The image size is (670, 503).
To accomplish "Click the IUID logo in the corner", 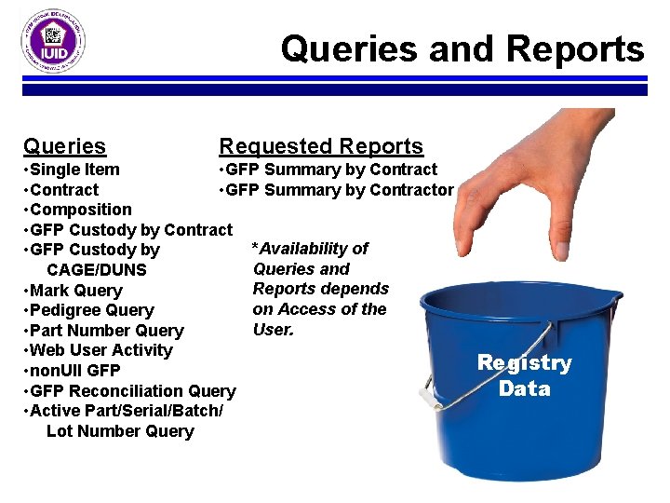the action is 54,41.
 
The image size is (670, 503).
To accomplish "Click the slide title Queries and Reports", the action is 462,48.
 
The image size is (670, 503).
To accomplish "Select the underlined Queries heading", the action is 64,146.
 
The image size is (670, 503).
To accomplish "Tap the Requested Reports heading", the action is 320,146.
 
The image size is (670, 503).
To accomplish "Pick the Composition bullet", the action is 80,210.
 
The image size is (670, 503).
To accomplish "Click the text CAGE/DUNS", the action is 97,270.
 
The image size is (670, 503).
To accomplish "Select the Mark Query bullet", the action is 75,291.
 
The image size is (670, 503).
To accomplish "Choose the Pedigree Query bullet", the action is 91,310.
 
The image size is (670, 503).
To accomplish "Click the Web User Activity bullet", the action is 100,350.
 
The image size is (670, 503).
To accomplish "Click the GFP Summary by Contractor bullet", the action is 336,190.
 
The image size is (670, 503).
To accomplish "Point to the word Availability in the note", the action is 315,249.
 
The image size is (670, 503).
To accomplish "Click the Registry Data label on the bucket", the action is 524,375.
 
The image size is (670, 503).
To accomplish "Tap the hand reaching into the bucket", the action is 549,177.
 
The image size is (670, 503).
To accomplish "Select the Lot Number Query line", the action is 120,431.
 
